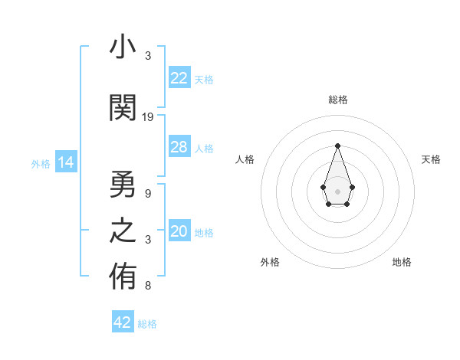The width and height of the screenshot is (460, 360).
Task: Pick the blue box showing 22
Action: point(179,78)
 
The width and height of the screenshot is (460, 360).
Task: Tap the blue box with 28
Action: point(179,147)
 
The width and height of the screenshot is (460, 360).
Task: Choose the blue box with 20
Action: point(179,232)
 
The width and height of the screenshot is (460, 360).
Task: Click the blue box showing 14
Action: point(66,162)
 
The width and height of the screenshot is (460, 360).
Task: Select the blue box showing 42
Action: point(123,322)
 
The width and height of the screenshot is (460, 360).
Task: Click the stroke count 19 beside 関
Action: point(148,117)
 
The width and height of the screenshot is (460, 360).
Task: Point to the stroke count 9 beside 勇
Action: point(148,193)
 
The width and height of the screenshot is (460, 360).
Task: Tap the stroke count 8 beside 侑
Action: point(148,286)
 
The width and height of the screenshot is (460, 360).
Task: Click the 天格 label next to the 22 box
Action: point(204,79)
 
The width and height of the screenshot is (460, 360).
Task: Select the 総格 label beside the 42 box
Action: point(147,323)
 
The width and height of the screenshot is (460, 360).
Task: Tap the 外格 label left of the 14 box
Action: point(41,163)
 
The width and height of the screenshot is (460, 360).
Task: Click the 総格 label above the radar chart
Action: point(337,100)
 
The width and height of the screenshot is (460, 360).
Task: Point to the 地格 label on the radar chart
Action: point(402,262)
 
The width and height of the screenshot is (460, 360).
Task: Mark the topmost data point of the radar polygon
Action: point(337,146)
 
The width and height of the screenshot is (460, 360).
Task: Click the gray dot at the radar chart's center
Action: point(337,190)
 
